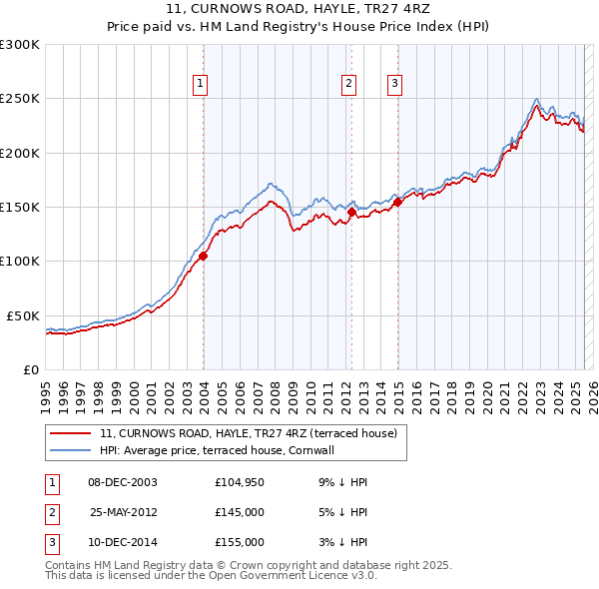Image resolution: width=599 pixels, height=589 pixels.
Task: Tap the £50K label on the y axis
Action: coord(24,315)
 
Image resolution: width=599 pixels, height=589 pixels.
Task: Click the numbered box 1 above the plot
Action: coord(202,84)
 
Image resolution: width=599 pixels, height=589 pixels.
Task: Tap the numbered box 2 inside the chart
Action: coord(349,84)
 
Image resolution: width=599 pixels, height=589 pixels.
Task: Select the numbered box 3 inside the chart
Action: coord(394,84)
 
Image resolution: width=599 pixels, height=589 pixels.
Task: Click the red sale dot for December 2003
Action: coord(203,256)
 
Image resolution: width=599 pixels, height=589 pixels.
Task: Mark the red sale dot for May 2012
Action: coord(351,213)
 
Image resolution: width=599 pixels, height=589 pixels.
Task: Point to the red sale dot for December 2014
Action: coord(396,202)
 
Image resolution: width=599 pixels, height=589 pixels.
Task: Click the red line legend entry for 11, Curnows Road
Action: coord(249,433)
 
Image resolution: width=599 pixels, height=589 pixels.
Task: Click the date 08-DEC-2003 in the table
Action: coord(123,482)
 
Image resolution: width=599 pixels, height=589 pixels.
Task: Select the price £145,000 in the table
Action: coord(239,512)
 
